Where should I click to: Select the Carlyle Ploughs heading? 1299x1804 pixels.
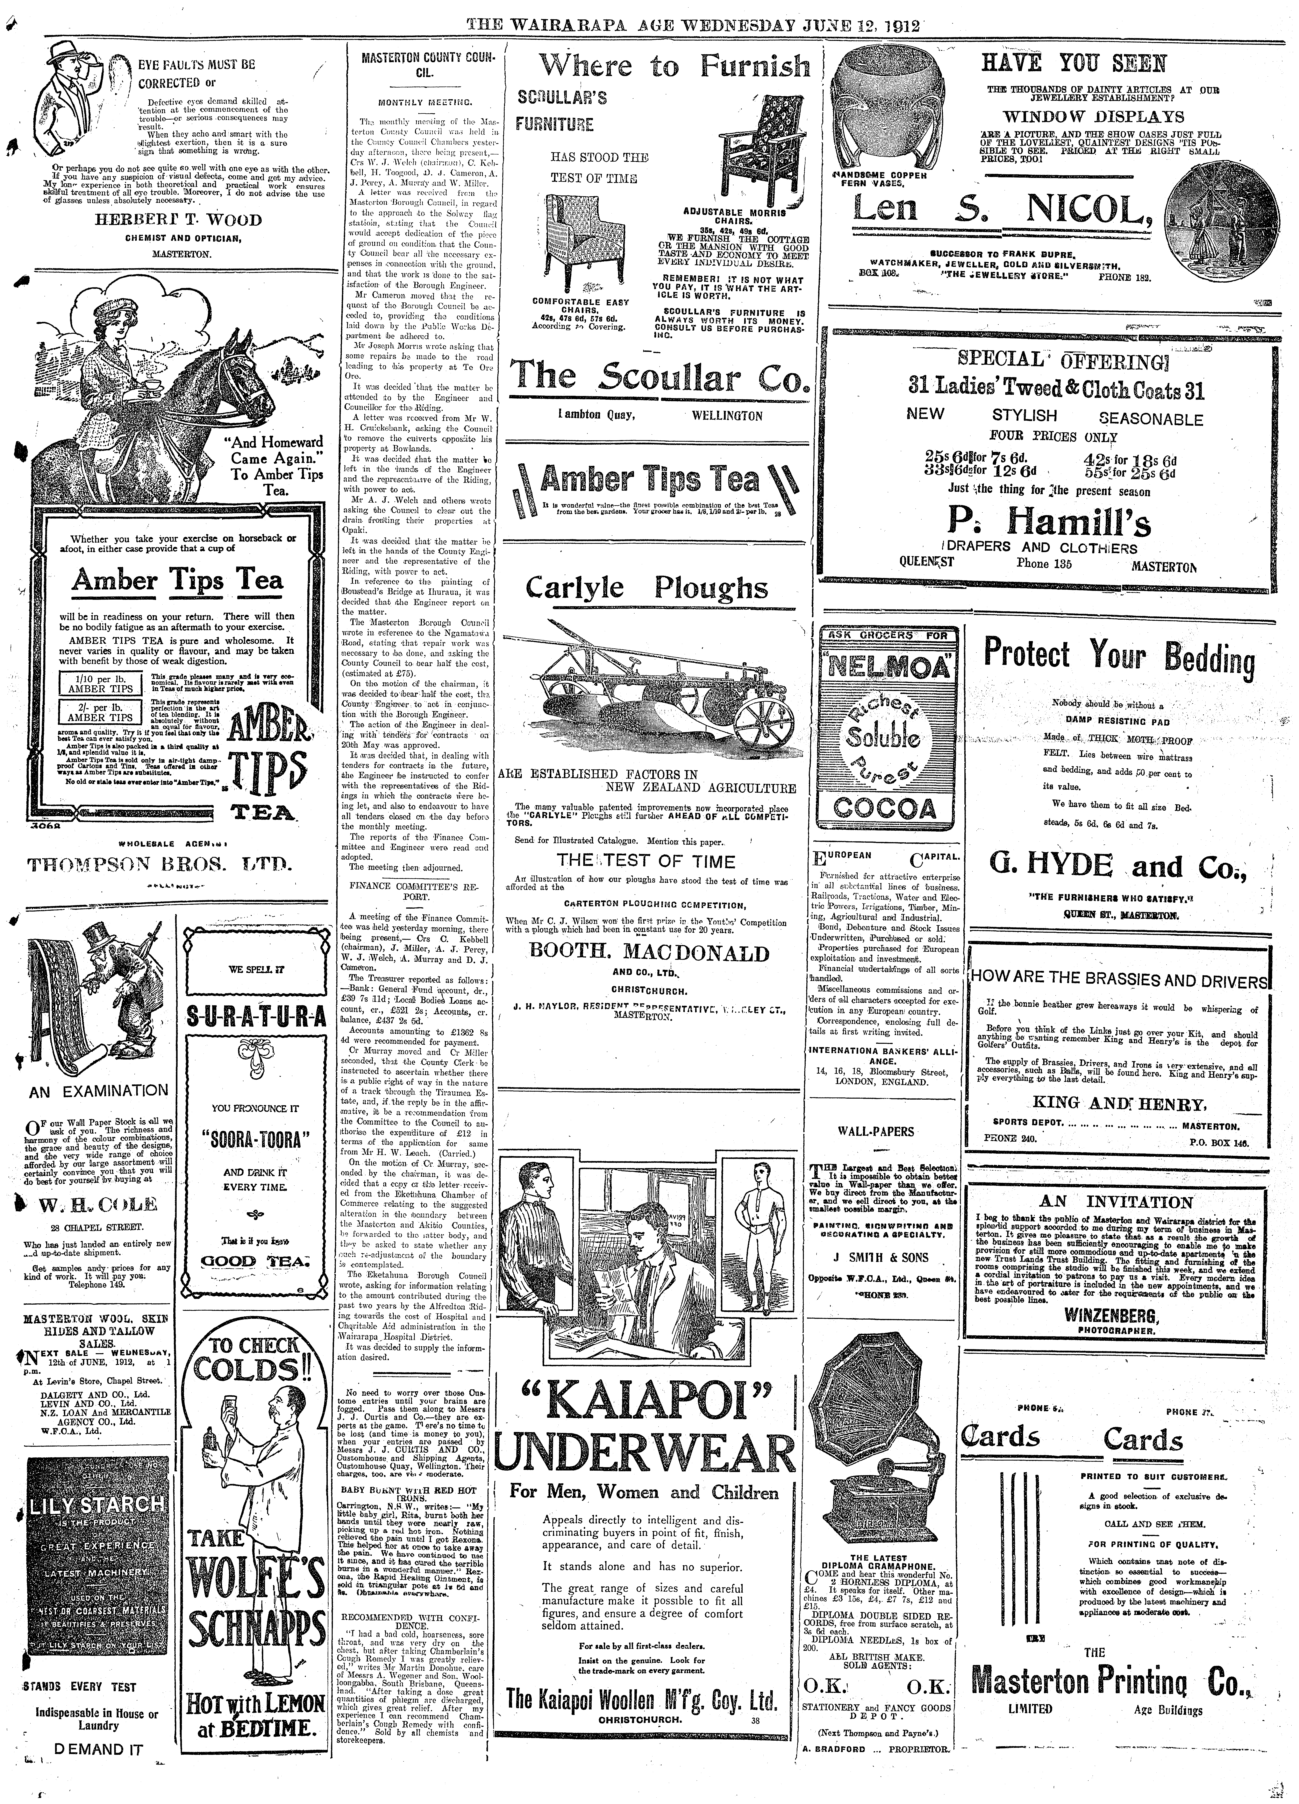point(647,589)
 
